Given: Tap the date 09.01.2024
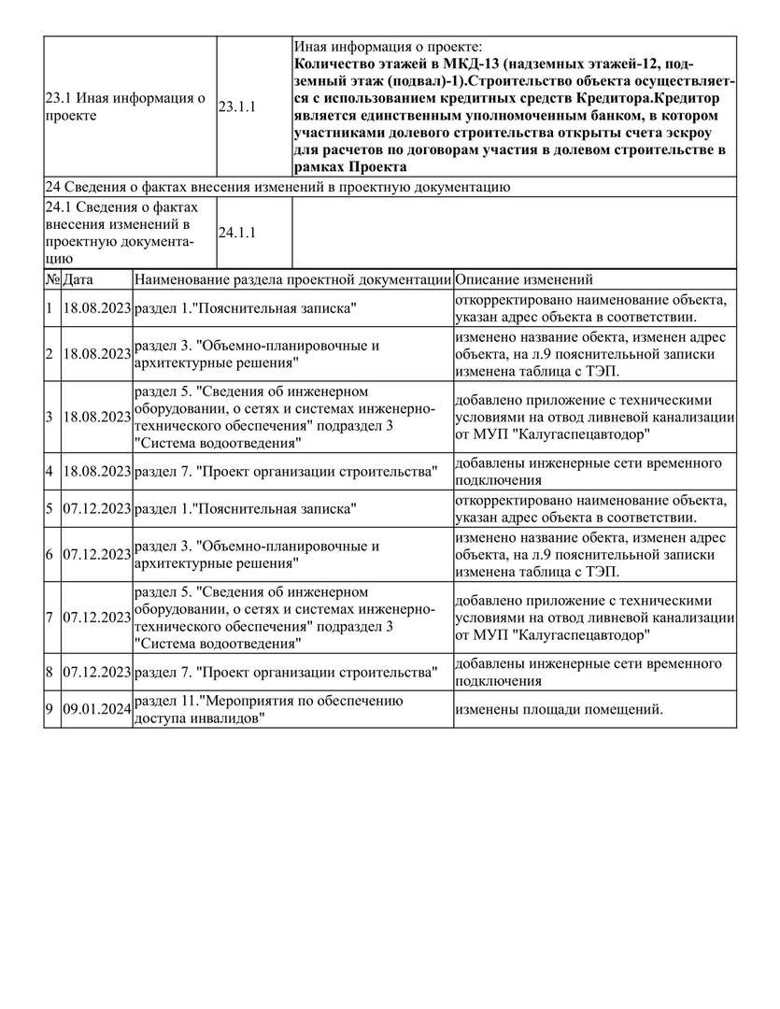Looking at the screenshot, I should click(96, 710).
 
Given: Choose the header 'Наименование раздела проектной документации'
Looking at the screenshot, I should click(292, 280).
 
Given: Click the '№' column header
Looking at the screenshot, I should click(52, 280).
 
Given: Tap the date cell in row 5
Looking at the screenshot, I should click(96, 510).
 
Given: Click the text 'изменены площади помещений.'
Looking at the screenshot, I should click(559, 710).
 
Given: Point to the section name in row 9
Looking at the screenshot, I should click(268, 710).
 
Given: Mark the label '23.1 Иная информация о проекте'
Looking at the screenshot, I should click(125, 107).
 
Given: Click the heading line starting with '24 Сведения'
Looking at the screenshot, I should click(277, 188).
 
